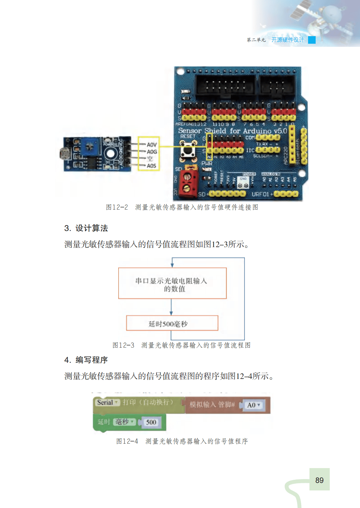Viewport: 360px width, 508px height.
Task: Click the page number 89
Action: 319,480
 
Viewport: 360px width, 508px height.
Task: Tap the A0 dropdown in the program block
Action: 253,405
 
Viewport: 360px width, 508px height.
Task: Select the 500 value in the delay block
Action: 151,422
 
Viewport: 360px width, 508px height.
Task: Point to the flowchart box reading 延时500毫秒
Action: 172,323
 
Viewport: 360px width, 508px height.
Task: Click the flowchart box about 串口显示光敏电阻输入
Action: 172,283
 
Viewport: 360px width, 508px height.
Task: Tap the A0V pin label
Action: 152,145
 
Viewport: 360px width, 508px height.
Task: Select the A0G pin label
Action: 152,152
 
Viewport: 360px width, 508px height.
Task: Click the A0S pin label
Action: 151,166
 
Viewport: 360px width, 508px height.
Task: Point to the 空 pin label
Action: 150,159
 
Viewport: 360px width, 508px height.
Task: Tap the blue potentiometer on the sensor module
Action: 90,147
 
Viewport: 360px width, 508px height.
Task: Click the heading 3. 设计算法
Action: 86,228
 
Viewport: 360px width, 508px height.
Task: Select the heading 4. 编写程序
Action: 86,360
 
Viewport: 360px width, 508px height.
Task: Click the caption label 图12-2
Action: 117,207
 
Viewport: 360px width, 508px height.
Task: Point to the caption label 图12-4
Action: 127,441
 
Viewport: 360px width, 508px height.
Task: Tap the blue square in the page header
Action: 312,40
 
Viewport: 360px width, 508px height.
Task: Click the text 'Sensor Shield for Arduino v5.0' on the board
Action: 232,131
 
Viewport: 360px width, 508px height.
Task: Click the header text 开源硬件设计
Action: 288,40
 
